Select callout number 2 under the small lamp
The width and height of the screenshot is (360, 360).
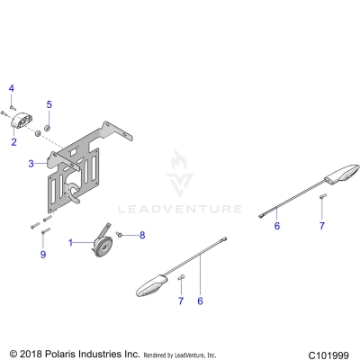pos(14,142)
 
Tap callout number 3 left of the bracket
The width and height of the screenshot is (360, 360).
pos(31,164)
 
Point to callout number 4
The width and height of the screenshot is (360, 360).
pos(12,87)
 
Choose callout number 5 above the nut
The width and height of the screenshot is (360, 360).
pos(49,104)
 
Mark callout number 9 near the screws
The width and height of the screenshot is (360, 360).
pos(41,255)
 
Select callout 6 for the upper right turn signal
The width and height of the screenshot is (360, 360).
pos(277,226)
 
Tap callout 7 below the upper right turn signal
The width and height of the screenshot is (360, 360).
pos(322,226)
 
